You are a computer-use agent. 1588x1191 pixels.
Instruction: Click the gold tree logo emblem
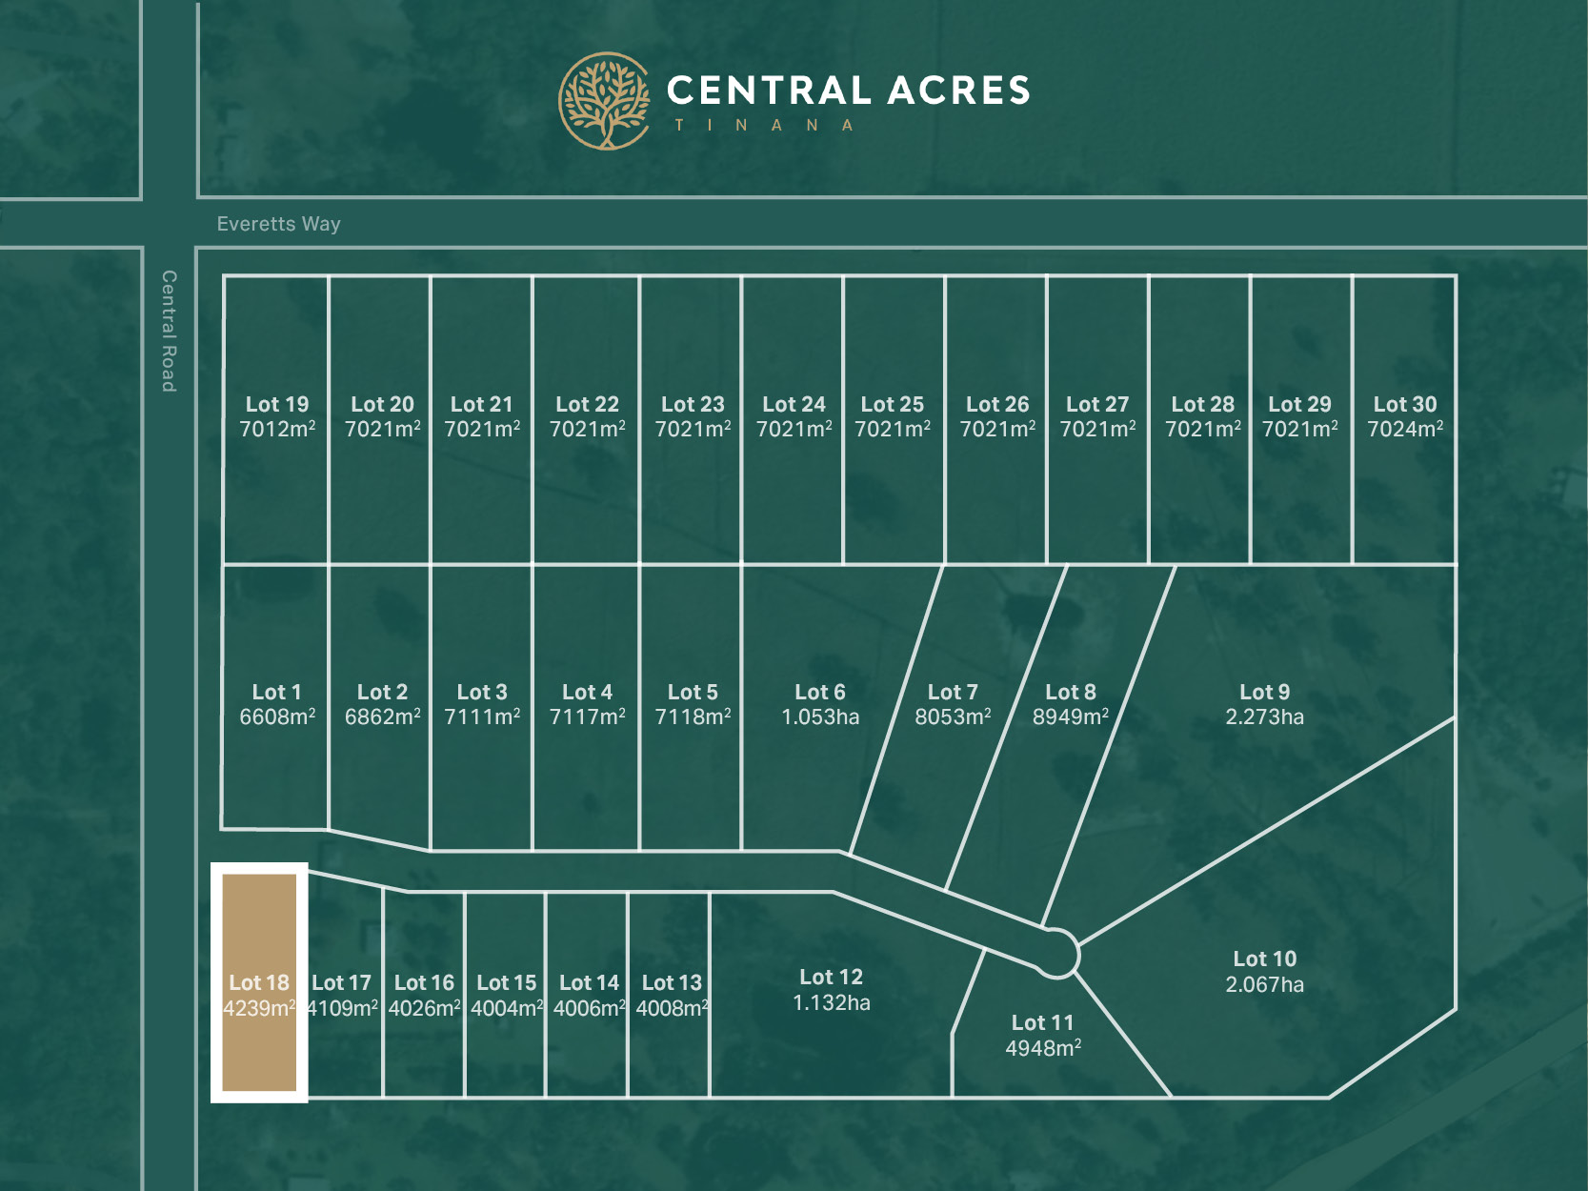[x=604, y=101]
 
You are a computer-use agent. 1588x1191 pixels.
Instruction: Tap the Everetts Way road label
[x=278, y=224]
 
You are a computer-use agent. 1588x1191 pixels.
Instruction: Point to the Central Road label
[x=169, y=331]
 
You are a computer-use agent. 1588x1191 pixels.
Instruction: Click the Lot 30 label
[x=1404, y=404]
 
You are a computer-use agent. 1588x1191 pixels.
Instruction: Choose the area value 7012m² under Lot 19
[x=277, y=430]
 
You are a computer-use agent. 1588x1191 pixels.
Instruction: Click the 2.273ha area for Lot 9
[x=1264, y=717]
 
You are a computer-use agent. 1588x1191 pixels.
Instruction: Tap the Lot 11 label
[x=1042, y=1022]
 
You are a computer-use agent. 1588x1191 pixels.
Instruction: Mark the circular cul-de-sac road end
[x=1055, y=953]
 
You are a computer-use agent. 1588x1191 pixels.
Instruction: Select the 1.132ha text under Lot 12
[x=831, y=1003]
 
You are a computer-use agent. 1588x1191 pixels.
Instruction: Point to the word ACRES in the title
[x=958, y=91]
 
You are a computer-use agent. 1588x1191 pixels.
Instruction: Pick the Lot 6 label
[x=819, y=692]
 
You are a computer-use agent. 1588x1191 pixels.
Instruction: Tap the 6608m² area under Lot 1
[x=277, y=717]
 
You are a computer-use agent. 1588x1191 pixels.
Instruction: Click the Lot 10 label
[x=1264, y=959]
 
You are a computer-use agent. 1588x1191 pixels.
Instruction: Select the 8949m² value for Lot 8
[x=1070, y=717]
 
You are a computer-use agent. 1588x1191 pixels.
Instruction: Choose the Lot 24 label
[x=794, y=404]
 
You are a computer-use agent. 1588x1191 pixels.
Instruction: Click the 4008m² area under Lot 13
[x=672, y=1009]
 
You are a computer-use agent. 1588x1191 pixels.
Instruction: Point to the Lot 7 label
[x=953, y=692]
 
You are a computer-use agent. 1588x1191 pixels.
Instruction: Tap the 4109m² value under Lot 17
[x=342, y=1009]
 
